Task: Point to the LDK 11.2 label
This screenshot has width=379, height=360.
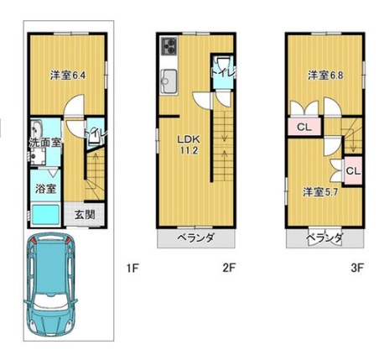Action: tap(189, 144)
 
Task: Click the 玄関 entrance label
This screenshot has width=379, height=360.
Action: tap(85, 215)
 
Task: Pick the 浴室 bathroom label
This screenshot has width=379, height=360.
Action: tap(45, 189)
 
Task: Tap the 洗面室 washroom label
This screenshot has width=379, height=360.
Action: tap(45, 143)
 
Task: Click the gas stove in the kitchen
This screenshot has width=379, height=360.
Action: tap(169, 46)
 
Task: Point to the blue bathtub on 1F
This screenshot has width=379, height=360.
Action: tap(45, 215)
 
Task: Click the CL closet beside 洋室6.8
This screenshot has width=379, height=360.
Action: tap(304, 128)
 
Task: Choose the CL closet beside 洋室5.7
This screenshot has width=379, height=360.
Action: tap(354, 171)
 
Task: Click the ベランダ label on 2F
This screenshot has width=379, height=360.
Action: tap(196, 238)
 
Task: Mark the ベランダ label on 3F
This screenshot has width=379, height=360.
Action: tap(324, 238)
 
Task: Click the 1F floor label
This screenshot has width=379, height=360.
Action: tap(132, 269)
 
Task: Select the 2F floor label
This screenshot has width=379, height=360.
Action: tap(229, 268)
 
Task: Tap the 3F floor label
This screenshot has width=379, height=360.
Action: tap(357, 268)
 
